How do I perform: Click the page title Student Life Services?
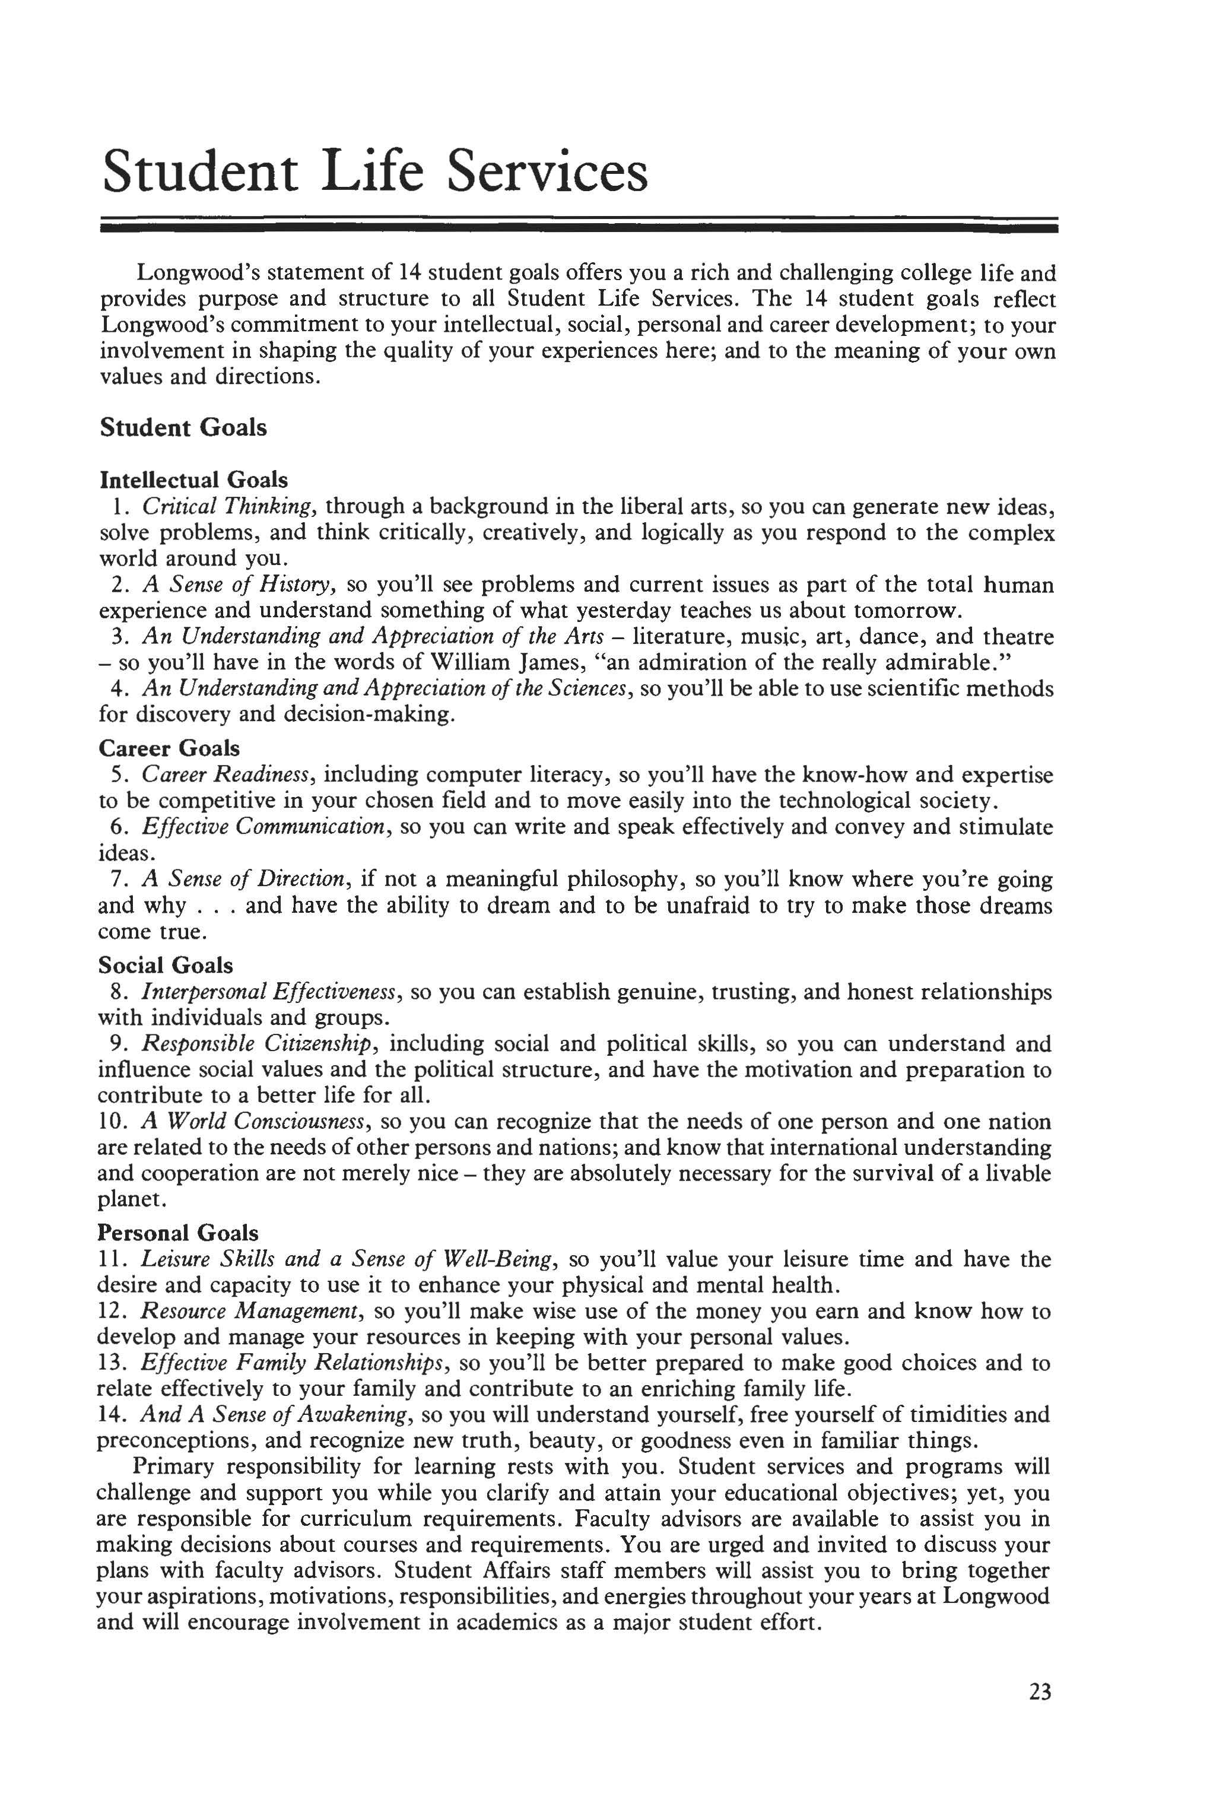375,172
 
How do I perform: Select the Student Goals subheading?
183,427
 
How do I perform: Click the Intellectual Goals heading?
193,480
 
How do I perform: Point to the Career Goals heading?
169,748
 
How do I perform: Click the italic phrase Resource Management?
250,1312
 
